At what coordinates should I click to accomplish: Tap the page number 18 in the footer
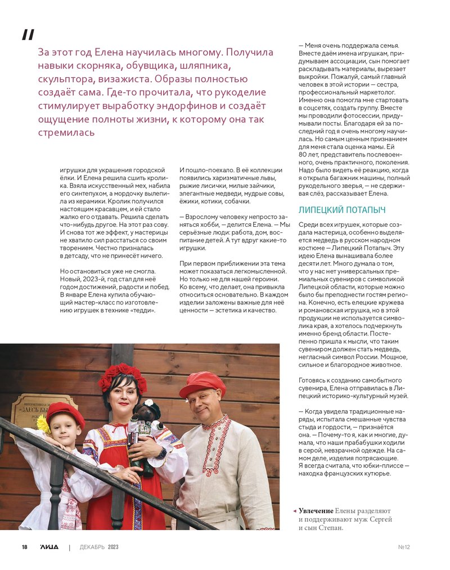tap(25, 547)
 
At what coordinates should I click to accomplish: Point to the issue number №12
tap(404, 547)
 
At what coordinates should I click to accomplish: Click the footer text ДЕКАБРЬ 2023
tap(99, 547)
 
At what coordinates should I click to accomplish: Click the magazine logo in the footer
tap(49, 547)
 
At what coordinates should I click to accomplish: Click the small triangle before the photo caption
tap(294, 510)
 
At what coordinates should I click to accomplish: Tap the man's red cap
tap(202, 383)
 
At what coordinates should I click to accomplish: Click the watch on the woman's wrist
tap(162, 452)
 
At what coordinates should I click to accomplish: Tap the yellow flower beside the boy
tap(43, 424)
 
